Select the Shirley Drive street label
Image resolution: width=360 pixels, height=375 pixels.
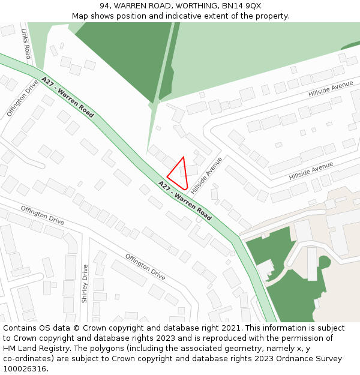point(85,283)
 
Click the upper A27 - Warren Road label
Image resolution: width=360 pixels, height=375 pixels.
point(67,97)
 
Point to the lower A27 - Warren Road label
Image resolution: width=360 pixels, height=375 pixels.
point(185,200)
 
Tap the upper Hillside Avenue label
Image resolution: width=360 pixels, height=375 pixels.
point(331,90)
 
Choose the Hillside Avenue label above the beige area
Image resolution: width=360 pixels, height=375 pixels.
point(310,171)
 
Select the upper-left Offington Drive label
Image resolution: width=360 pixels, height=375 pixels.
point(22,97)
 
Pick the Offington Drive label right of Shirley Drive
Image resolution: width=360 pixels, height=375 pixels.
point(145,267)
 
